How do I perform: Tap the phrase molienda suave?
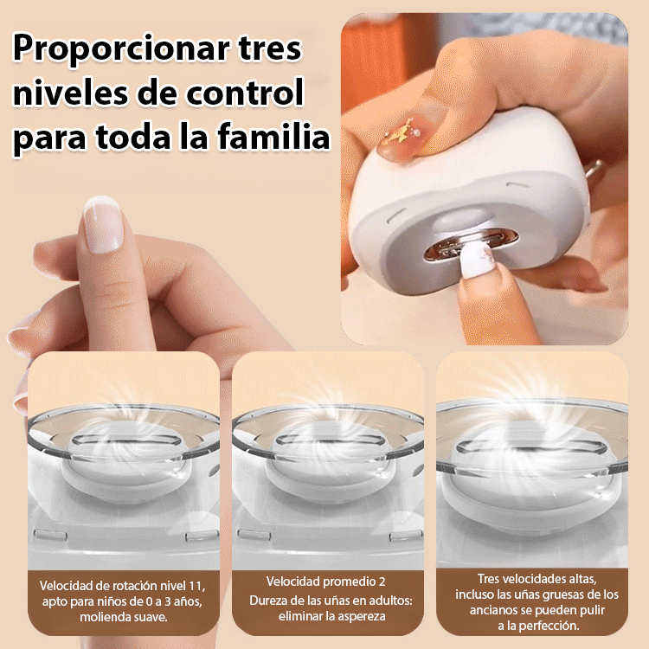(123, 617)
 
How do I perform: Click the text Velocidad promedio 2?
(324, 581)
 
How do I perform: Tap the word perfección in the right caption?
(548, 625)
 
